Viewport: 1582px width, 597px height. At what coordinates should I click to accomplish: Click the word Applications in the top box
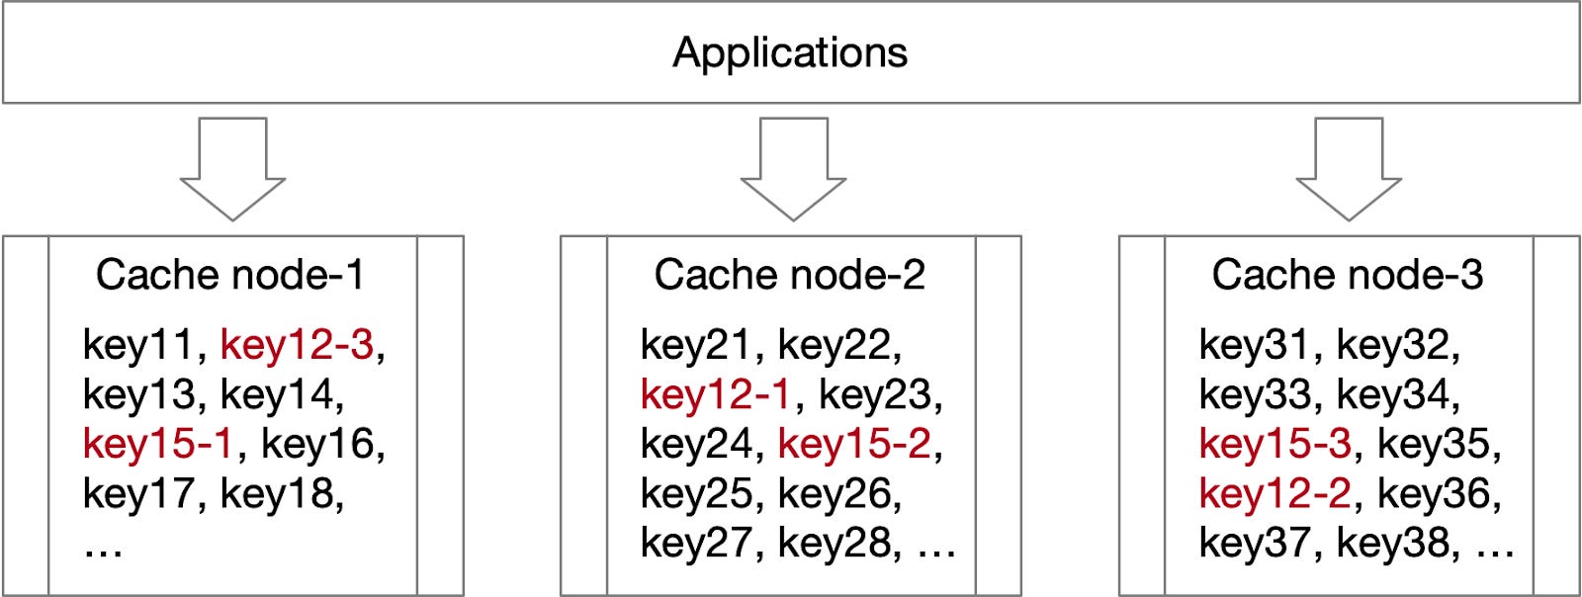coord(790,52)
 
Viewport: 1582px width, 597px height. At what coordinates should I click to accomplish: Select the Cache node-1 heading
coord(230,275)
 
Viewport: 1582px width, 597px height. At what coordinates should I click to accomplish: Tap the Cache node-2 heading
coord(789,275)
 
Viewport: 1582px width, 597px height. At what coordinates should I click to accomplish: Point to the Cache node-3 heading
coord(1348,275)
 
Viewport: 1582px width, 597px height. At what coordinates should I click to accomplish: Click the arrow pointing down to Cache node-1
coord(232,168)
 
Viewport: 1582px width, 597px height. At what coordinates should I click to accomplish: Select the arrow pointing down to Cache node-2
coord(793,168)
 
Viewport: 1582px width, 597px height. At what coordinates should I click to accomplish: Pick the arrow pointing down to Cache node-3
coord(1349,168)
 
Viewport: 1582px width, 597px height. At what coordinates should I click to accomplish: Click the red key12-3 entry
coord(297,345)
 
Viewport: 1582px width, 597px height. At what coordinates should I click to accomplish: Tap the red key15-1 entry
coord(157,444)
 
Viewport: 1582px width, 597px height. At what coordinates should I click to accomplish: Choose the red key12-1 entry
coord(715,394)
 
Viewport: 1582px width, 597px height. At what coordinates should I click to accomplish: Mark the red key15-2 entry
coord(854,444)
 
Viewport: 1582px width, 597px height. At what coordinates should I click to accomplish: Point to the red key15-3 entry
coord(1274,444)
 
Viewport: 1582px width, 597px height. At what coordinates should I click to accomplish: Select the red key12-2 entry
coord(1274,493)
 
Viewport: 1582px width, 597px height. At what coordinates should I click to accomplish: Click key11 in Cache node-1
coord(138,345)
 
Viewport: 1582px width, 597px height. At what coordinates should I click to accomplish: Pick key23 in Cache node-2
coord(875,394)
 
